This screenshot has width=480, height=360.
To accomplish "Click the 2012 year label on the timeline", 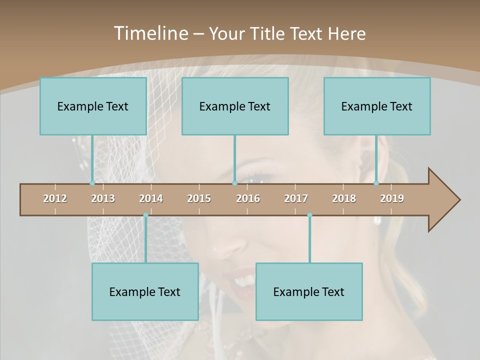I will (x=55, y=198).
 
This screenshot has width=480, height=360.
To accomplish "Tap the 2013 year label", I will (x=103, y=198).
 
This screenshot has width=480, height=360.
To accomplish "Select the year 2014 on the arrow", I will (x=151, y=198).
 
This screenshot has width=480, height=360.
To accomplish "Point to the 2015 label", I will (x=199, y=198).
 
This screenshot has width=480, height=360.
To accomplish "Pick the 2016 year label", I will (x=248, y=198).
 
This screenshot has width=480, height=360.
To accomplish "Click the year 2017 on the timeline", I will (x=296, y=198).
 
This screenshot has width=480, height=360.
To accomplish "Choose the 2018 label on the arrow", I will (x=344, y=198).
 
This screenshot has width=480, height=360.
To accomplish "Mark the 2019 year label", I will (x=392, y=198).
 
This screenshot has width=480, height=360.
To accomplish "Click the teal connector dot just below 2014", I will (x=145, y=215).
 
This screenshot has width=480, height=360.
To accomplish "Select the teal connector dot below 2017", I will (x=309, y=215).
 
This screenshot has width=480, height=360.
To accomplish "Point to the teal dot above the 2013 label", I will (x=92, y=183).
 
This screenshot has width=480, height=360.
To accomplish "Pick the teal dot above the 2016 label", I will (x=234, y=183).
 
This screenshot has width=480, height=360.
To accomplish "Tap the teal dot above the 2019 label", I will (x=376, y=183).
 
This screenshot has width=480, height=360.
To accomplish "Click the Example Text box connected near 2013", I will (x=93, y=106).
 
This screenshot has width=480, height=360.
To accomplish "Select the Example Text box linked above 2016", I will (x=235, y=106).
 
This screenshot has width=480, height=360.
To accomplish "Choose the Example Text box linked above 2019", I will (x=377, y=106).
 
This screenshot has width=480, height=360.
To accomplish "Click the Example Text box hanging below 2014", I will (x=145, y=291).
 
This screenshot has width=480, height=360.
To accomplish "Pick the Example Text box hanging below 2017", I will (x=309, y=291).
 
